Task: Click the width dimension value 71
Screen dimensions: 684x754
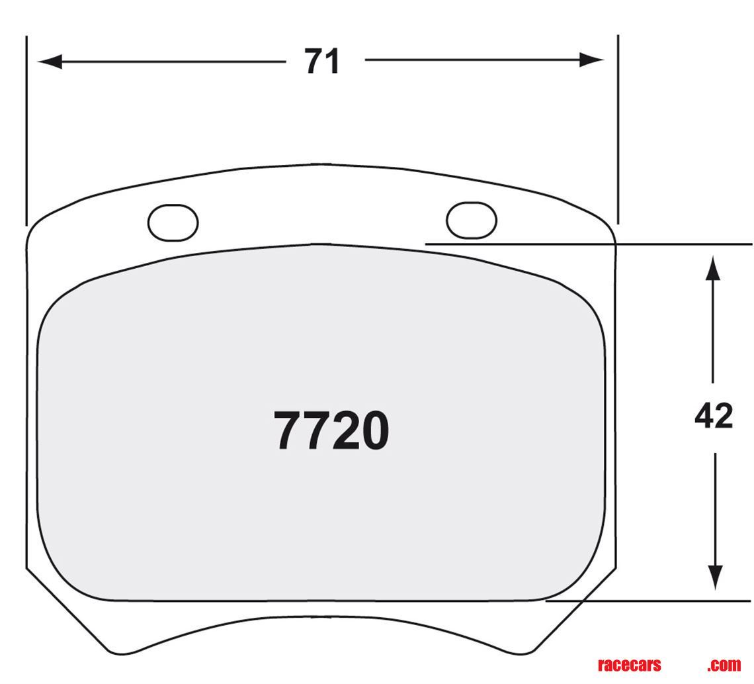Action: click(x=322, y=62)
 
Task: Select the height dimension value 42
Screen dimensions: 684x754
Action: click(x=714, y=416)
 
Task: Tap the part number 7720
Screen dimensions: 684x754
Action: click(x=331, y=431)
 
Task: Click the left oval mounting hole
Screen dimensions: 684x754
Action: click(x=173, y=223)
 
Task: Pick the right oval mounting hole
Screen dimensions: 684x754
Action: click(x=471, y=220)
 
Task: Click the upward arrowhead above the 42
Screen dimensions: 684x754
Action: click(x=712, y=269)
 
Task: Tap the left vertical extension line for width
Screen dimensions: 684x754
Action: click(x=26, y=132)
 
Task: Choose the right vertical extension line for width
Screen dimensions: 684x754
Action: click(x=618, y=132)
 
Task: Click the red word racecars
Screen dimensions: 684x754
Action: click(x=628, y=665)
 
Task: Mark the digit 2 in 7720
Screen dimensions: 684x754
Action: click(x=343, y=431)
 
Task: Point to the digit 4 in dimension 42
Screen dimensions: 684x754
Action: click(x=704, y=416)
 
